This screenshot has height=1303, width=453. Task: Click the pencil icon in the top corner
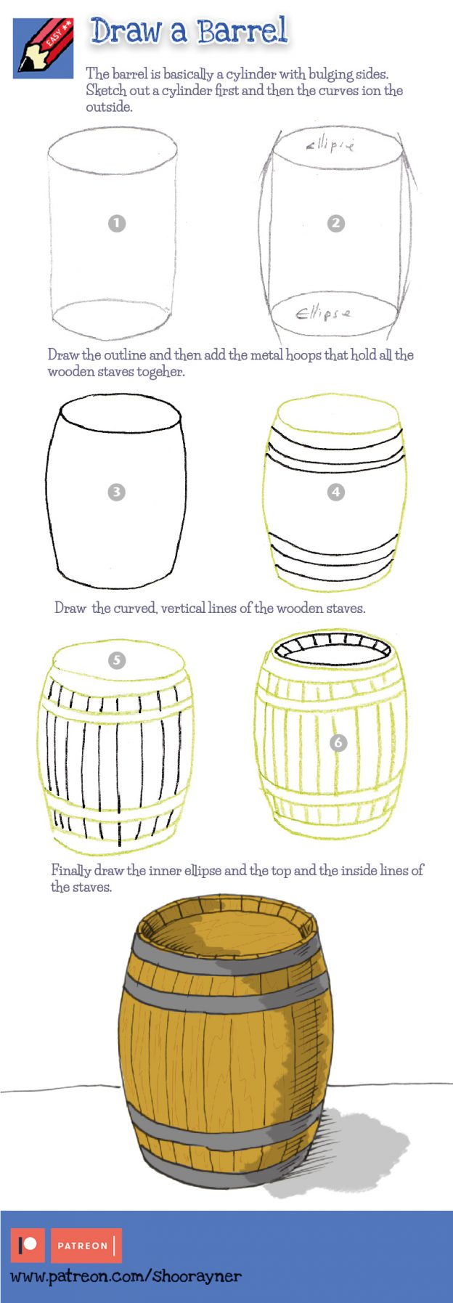point(43,48)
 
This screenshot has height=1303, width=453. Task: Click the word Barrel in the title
point(242,31)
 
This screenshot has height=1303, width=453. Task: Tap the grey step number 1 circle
point(117,223)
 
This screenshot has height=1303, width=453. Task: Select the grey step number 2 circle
point(335,223)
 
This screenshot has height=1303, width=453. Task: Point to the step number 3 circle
point(116,492)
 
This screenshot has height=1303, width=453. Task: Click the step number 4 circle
point(335,492)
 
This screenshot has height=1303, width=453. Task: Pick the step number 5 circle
point(116,660)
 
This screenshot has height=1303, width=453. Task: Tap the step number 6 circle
point(338,742)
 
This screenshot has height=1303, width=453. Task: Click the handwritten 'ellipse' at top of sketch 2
point(330,145)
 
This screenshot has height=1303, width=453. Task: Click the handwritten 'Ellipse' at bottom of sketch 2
point(323,314)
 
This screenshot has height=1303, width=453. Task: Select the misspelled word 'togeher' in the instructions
point(160,372)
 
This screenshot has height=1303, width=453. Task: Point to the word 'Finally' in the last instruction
point(70,870)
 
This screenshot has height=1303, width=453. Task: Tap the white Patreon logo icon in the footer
point(28,1245)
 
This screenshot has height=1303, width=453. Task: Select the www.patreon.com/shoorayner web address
point(125,1276)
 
